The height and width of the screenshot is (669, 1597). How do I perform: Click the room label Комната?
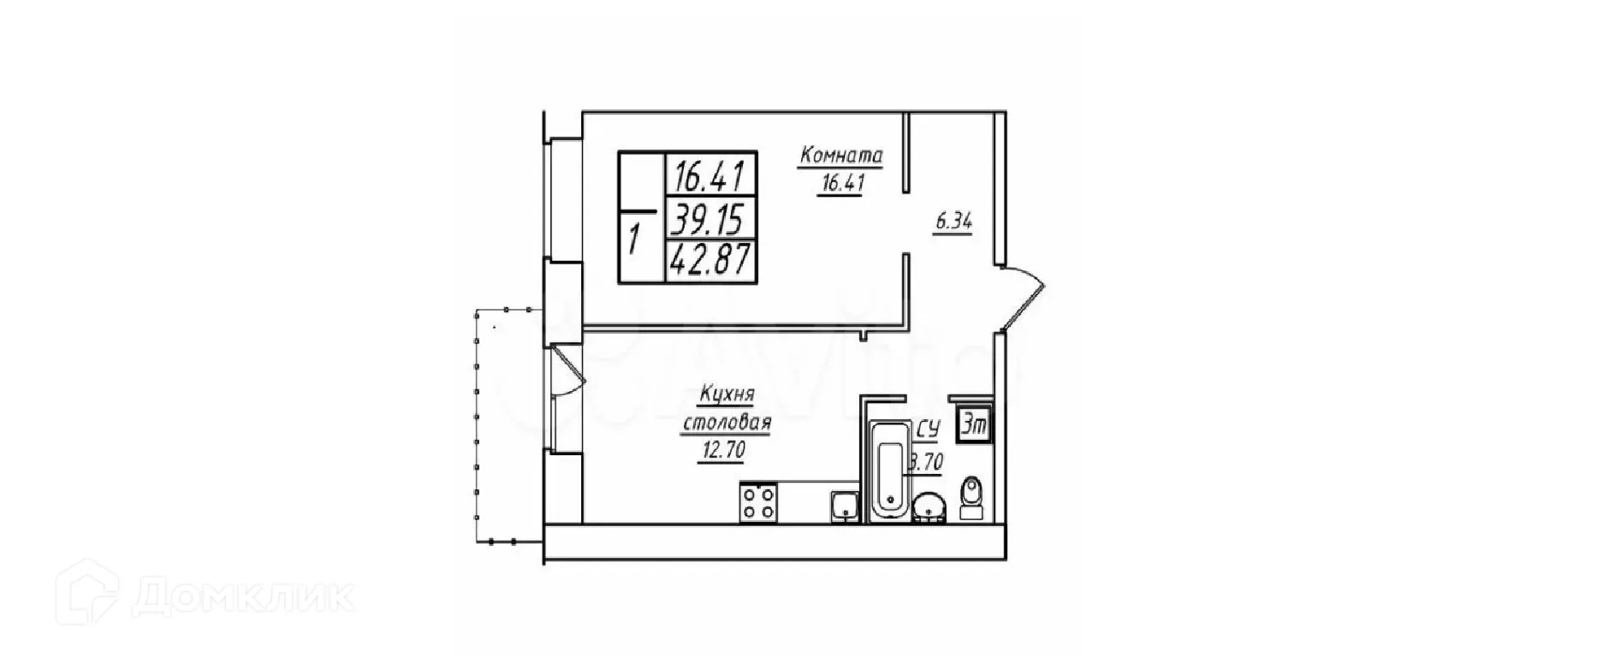(840, 156)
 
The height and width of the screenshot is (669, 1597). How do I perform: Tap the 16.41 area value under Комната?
(840, 184)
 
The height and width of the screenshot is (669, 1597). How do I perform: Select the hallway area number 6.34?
(953, 222)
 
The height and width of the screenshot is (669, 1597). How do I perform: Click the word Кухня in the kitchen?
(727, 395)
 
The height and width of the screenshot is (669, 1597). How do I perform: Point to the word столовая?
(727, 423)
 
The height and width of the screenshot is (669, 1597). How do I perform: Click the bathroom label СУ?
(929, 429)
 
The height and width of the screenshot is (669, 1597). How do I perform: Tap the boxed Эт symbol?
(972, 424)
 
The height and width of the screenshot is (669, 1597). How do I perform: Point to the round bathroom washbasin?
(929, 508)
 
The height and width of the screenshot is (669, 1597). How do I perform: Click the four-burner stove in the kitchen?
(758, 502)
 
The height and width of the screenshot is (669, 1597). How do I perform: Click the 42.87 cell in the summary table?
(709, 259)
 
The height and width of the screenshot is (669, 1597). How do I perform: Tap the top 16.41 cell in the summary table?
(709, 177)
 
